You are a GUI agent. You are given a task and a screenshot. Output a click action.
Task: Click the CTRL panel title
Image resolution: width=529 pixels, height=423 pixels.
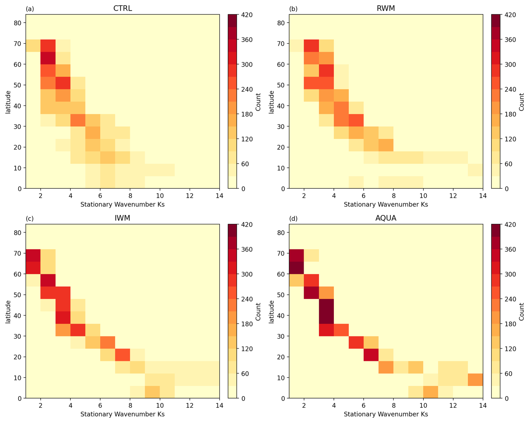tap(122, 8)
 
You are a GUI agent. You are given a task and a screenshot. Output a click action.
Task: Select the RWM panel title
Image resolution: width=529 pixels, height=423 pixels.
tap(386, 8)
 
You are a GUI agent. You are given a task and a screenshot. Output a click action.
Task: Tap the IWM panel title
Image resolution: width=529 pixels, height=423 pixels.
tap(122, 218)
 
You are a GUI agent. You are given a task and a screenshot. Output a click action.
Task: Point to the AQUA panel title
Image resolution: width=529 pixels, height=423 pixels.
tap(386, 218)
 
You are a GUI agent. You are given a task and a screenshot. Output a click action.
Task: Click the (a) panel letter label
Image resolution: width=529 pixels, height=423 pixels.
tap(30, 9)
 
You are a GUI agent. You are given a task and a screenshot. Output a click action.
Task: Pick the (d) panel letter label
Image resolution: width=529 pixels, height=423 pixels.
tap(293, 218)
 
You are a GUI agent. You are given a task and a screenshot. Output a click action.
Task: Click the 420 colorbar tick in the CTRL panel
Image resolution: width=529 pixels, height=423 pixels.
tap(247, 15)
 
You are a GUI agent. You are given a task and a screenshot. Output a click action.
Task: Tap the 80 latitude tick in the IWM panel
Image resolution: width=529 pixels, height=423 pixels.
tap(18, 232)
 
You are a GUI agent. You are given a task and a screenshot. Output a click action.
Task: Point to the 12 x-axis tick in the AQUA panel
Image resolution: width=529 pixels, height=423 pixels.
tap(453, 405)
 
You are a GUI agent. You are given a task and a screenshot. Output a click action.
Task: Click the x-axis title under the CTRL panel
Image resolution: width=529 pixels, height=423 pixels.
tap(122, 205)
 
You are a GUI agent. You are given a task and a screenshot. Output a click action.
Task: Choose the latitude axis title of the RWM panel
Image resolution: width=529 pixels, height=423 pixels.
tap(271, 102)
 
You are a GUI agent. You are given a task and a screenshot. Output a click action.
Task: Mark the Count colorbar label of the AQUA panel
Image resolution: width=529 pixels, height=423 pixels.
tap(521, 312)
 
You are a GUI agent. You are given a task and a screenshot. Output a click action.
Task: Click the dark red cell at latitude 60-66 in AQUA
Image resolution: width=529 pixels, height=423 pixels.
tap(296, 268)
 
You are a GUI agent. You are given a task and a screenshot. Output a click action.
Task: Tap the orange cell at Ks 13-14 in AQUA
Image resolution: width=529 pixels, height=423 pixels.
tap(475, 380)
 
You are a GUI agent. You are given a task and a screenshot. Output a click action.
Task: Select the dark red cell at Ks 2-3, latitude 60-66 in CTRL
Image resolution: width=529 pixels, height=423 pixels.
tap(48, 58)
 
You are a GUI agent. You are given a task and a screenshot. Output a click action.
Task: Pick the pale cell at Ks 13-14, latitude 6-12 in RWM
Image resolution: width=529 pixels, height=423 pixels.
tap(475, 170)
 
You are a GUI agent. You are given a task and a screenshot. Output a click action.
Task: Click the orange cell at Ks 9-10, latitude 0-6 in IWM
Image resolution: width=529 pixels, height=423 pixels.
tap(152, 392)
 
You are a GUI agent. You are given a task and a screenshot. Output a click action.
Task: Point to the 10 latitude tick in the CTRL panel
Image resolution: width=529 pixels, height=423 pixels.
tap(18, 168)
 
